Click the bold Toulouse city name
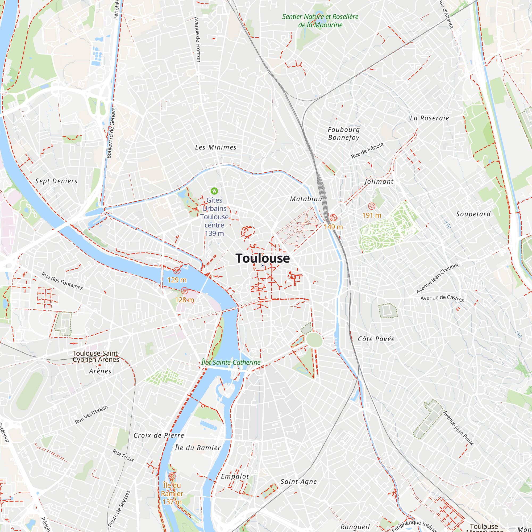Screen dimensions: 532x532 pyautogui.click(x=263, y=258)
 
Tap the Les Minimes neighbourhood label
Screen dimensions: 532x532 pyautogui.click(x=216, y=147)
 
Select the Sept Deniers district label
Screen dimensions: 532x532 pyautogui.click(x=56, y=181)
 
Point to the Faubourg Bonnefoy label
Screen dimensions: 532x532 pyautogui.click(x=344, y=134)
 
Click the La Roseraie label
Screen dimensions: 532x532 pyautogui.click(x=429, y=118)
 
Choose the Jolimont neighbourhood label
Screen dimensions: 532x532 pyautogui.click(x=379, y=181)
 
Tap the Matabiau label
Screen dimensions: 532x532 pyautogui.click(x=306, y=199)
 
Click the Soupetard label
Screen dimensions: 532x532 pyautogui.click(x=473, y=214)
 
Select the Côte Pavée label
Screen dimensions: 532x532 pyautogui.click(x=376, y=339)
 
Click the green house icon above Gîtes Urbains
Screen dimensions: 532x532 pyautogui.click(x=214, y=191)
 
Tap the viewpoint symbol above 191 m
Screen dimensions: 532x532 pyautogui.click(x=371, y=206)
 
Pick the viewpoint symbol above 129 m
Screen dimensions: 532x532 pyautogui.click(x=177, y=271)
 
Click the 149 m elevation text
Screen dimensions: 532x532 pyautogui.click(x=333, y=227)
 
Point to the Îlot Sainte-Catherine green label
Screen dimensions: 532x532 pyautogui.click(x=231, y=362)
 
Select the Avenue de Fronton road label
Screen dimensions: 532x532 pyautogui.click(x=197, y=39)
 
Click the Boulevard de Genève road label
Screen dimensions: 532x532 pyautogui.click(x=111, y=133)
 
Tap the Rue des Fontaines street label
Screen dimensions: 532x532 pyautogui.click(x=62, y=281)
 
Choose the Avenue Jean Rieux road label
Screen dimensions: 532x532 pyautogui.click(x=459, y=428)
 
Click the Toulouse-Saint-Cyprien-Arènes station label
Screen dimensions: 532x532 pyautogui.click(x=95, y=356)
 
